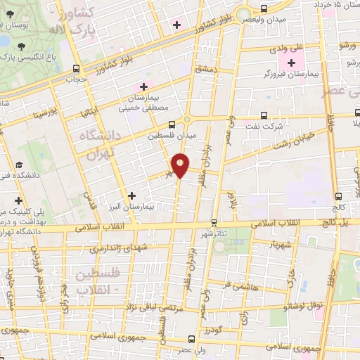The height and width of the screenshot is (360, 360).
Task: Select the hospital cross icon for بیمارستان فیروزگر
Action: click(291, 63)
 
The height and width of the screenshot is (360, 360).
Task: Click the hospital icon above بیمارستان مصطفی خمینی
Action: click(144, 86)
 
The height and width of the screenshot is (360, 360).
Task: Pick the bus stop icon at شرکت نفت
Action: click(264, 115)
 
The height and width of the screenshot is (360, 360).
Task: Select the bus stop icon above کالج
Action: click(339, 196)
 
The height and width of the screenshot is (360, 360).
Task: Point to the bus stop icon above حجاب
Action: click(77, 69)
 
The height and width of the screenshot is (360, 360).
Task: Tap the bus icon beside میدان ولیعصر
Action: click(264, 8)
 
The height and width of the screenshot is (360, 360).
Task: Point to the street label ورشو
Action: click(348, 45)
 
